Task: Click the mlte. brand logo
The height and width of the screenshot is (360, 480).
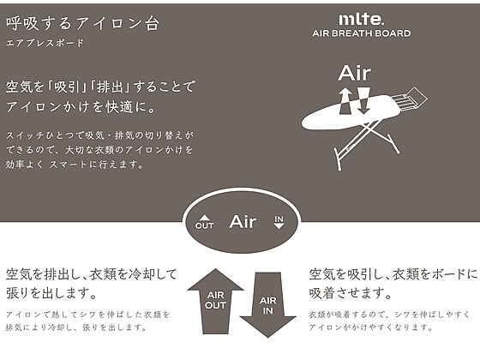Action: click(361, 20)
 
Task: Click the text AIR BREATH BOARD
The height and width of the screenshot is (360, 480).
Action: click(362, 33)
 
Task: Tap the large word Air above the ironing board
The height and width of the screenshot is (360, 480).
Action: click(355, 73)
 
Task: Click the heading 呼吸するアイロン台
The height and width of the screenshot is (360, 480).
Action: click(82, 24)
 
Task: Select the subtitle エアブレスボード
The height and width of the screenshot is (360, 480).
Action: click(45, 43)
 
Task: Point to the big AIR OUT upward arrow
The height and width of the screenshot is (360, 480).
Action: click(215, 301)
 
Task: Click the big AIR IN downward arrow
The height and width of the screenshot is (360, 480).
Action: click(267, 305)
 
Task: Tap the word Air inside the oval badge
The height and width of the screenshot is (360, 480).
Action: click(243, 222)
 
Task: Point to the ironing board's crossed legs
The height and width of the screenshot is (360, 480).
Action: click(367, 143)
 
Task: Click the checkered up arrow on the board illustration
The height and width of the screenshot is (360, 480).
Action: click(345, 101)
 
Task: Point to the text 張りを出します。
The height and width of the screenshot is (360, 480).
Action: click(51, 293)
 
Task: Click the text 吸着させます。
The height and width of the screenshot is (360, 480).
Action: click(351, 293)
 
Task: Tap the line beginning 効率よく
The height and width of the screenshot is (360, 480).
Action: click(75, 165)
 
